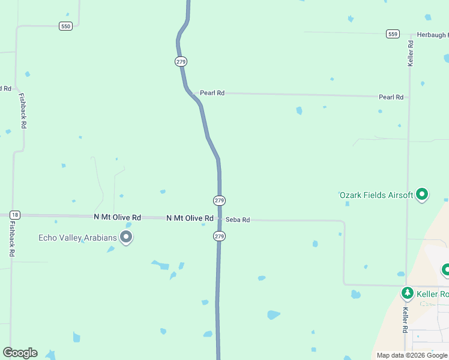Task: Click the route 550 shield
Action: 65,26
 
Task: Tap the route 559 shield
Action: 393,34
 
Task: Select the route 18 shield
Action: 15,215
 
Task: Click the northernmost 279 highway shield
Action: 181,61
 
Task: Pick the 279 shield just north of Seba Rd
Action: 219,200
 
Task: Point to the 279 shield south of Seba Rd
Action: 219,236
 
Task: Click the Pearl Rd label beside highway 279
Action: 212,93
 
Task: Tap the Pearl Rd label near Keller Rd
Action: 391,97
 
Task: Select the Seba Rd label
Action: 238,220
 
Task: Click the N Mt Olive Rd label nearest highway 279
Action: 190,218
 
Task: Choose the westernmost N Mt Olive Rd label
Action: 117,217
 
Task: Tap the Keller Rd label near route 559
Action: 411,53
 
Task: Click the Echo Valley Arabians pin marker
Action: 126,237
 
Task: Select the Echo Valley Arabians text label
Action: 77,238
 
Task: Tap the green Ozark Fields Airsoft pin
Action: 422,194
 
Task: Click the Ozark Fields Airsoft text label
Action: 376,195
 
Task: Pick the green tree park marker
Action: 408,293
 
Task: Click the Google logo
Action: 20,353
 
